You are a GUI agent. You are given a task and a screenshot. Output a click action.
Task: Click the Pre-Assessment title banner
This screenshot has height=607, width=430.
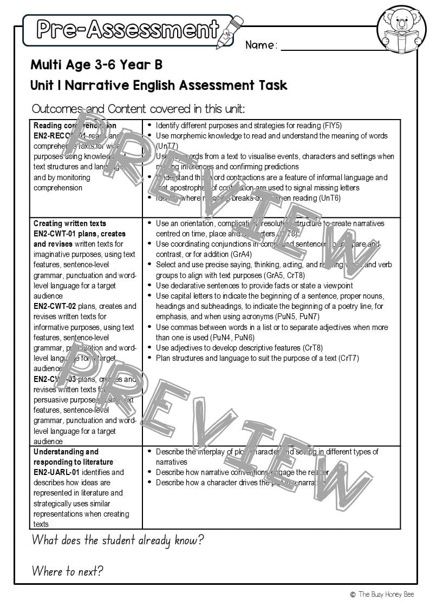coord(127,29)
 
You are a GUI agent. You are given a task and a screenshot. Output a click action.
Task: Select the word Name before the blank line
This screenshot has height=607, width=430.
coord(261,45)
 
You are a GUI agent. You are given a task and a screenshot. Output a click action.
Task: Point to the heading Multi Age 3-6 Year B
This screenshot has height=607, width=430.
coord(96,65)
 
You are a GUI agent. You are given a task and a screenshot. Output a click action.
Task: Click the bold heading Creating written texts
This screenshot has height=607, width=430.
coord(70,223)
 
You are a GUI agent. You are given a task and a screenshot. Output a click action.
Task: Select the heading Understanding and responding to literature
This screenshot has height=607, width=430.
coord(73,457)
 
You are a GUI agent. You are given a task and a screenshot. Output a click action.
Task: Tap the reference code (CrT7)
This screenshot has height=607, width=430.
coord(348,358)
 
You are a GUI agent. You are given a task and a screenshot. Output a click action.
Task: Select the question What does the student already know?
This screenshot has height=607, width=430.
coord(118,540)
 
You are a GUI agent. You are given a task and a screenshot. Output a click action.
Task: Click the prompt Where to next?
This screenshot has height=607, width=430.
coord(67,571)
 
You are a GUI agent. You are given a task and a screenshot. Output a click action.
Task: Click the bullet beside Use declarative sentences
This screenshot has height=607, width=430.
coord(149,286)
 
